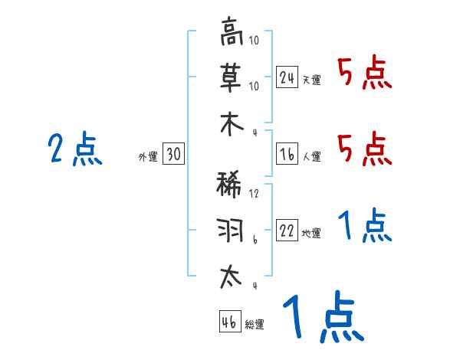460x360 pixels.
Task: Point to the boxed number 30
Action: [x=173, y=155]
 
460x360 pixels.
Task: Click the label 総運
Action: [x=255, y=324]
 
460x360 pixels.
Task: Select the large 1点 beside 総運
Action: [x=323, y=316]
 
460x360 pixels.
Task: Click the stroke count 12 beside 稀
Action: [x=254, y=195]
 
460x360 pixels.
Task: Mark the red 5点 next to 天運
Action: [x=365, y=74]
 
